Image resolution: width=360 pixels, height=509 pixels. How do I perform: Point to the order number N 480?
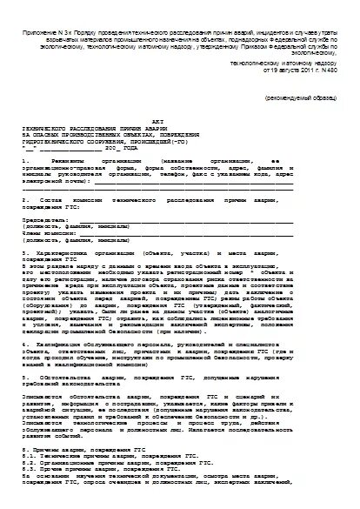(328, 71)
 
